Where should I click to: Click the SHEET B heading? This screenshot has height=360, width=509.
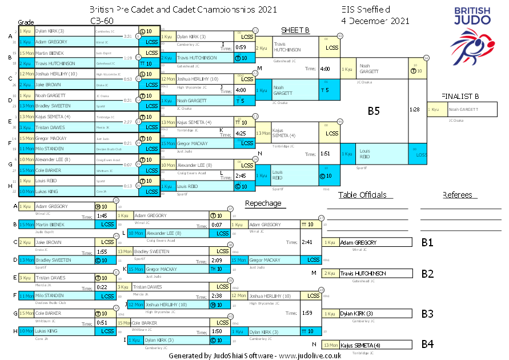click(295, 30)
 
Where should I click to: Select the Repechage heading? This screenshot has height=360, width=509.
click(263, 203)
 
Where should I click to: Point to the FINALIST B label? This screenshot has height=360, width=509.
click(461, 96)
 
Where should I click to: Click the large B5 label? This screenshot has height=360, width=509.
click(373, 111)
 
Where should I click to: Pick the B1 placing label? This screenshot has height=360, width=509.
click(427, 243)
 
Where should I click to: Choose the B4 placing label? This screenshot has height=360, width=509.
click(427, 345)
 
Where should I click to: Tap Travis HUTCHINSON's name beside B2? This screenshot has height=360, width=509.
click(363, 274)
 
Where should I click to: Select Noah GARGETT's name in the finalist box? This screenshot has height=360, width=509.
click(463, 109)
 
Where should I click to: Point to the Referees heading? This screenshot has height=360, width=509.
click(457, 195)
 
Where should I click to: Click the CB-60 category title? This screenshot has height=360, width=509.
click(101, 20)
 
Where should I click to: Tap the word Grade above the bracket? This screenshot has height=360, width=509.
click(26, 21)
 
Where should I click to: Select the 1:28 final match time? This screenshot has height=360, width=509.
click(415, 109)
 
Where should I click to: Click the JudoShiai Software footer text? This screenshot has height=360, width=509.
click(255, 355)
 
